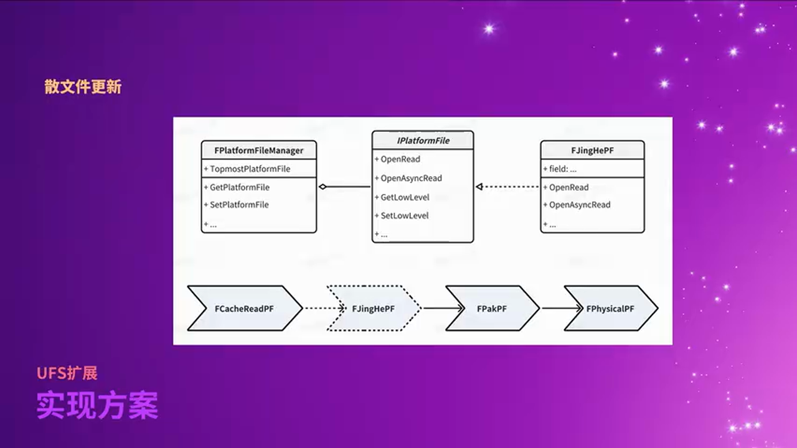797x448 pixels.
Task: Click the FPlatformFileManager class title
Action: tap(258, 151)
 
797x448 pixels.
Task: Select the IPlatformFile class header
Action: tap(423, 141)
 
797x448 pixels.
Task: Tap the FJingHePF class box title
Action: tap(592, 151)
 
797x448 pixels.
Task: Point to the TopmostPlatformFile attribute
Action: tap(250, 169)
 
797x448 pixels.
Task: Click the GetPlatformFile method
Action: tap(239, 187)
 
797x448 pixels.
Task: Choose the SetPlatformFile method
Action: tap(239, 205)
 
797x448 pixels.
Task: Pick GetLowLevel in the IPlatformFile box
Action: tap(405, 197)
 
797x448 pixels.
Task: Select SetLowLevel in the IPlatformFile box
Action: tap(405, 216)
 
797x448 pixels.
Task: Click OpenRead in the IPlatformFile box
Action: tap(400, 159)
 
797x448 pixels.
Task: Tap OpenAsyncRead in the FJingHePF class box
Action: tap(579, 205)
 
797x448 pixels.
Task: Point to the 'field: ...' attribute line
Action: tap(562, 169)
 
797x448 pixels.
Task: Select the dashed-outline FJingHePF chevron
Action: tap(374, 309)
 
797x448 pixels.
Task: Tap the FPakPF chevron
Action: tap(492, 309)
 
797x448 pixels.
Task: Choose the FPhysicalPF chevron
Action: tap(610, 309)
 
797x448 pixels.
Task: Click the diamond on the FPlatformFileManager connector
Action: tap(323, 187)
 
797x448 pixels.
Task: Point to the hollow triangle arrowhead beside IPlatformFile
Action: tap(479, 187)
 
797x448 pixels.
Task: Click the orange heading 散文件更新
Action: tap(83, 86)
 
